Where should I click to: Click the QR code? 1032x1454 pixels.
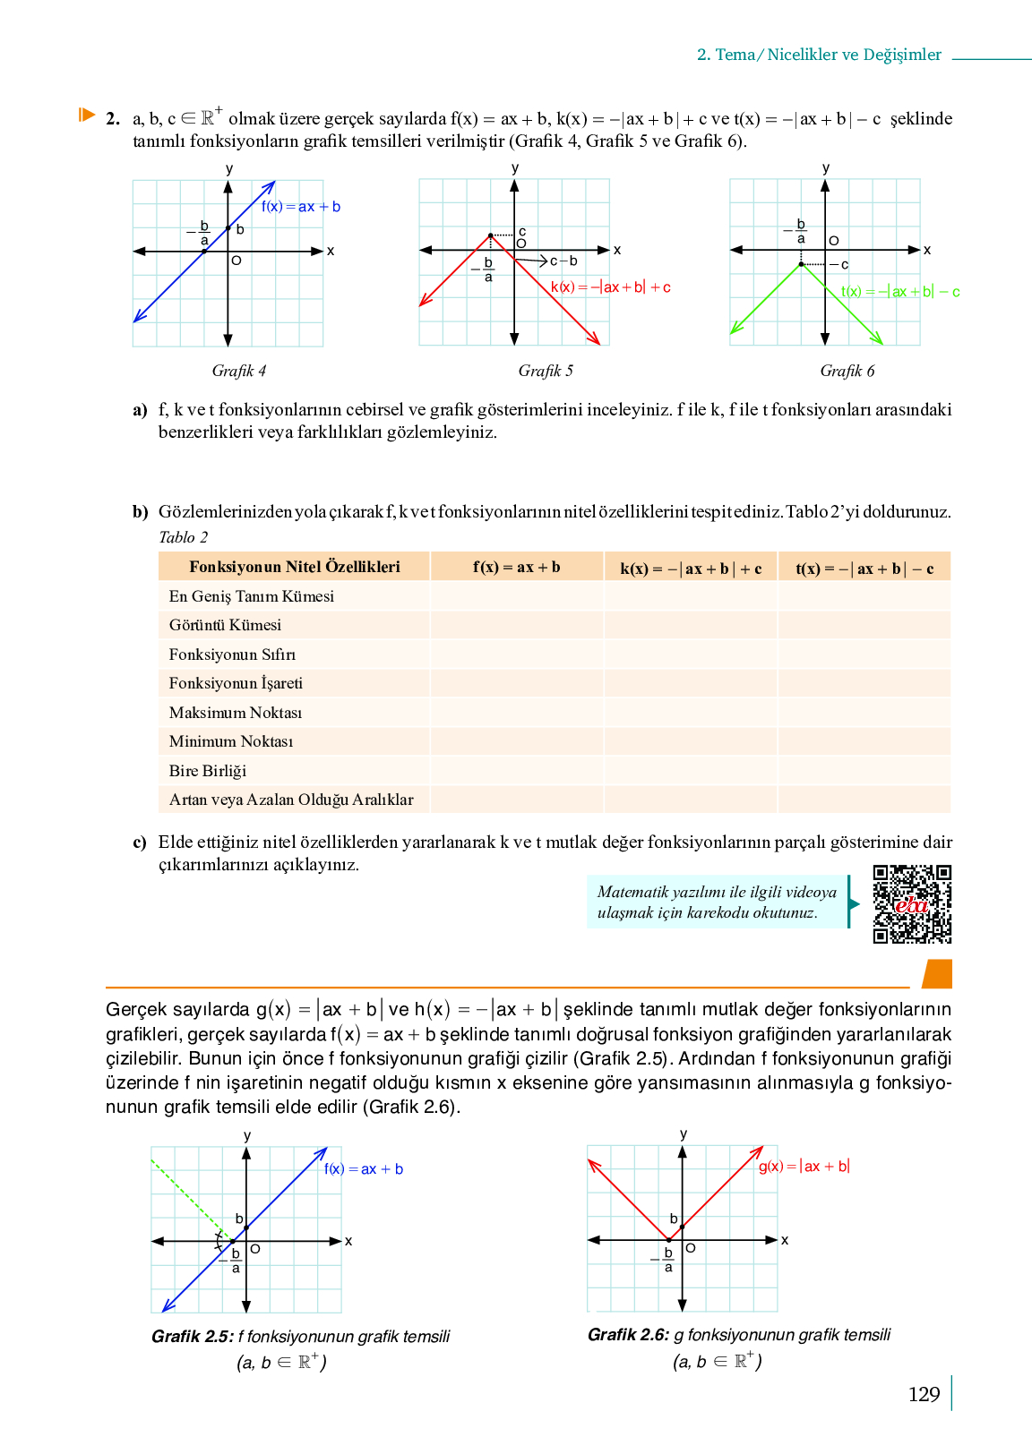coord(912,903)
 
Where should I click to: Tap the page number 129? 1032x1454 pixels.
coord(924,1394)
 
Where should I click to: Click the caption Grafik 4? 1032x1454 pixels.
coord(238,371)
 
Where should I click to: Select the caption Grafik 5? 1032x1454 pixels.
coord(546,371)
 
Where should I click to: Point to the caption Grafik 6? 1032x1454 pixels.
coord(847,371)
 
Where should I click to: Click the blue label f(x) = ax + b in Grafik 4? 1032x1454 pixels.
coord(301,207)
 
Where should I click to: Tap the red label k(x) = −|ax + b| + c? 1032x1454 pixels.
coord(610,287)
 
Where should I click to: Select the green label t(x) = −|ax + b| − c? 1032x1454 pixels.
coord(900,292)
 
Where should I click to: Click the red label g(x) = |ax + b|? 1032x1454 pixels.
coord(804,1166)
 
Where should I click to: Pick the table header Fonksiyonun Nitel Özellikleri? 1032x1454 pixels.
coord(294,567)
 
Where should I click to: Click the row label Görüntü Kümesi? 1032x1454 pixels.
coord(225,625)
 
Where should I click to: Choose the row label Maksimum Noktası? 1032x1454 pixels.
coord(236,713)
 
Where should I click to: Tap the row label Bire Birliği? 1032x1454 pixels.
coord(208,771)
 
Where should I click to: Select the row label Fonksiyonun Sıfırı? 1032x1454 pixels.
coord(232,654)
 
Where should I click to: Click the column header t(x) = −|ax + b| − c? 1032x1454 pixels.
coord(864,569)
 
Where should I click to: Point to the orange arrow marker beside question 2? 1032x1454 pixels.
coord(86,115)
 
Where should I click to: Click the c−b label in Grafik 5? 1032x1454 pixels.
coord(563,261)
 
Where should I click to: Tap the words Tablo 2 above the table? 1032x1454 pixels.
coord(183,537)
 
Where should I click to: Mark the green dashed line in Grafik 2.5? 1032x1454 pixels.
coord(188,1195)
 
